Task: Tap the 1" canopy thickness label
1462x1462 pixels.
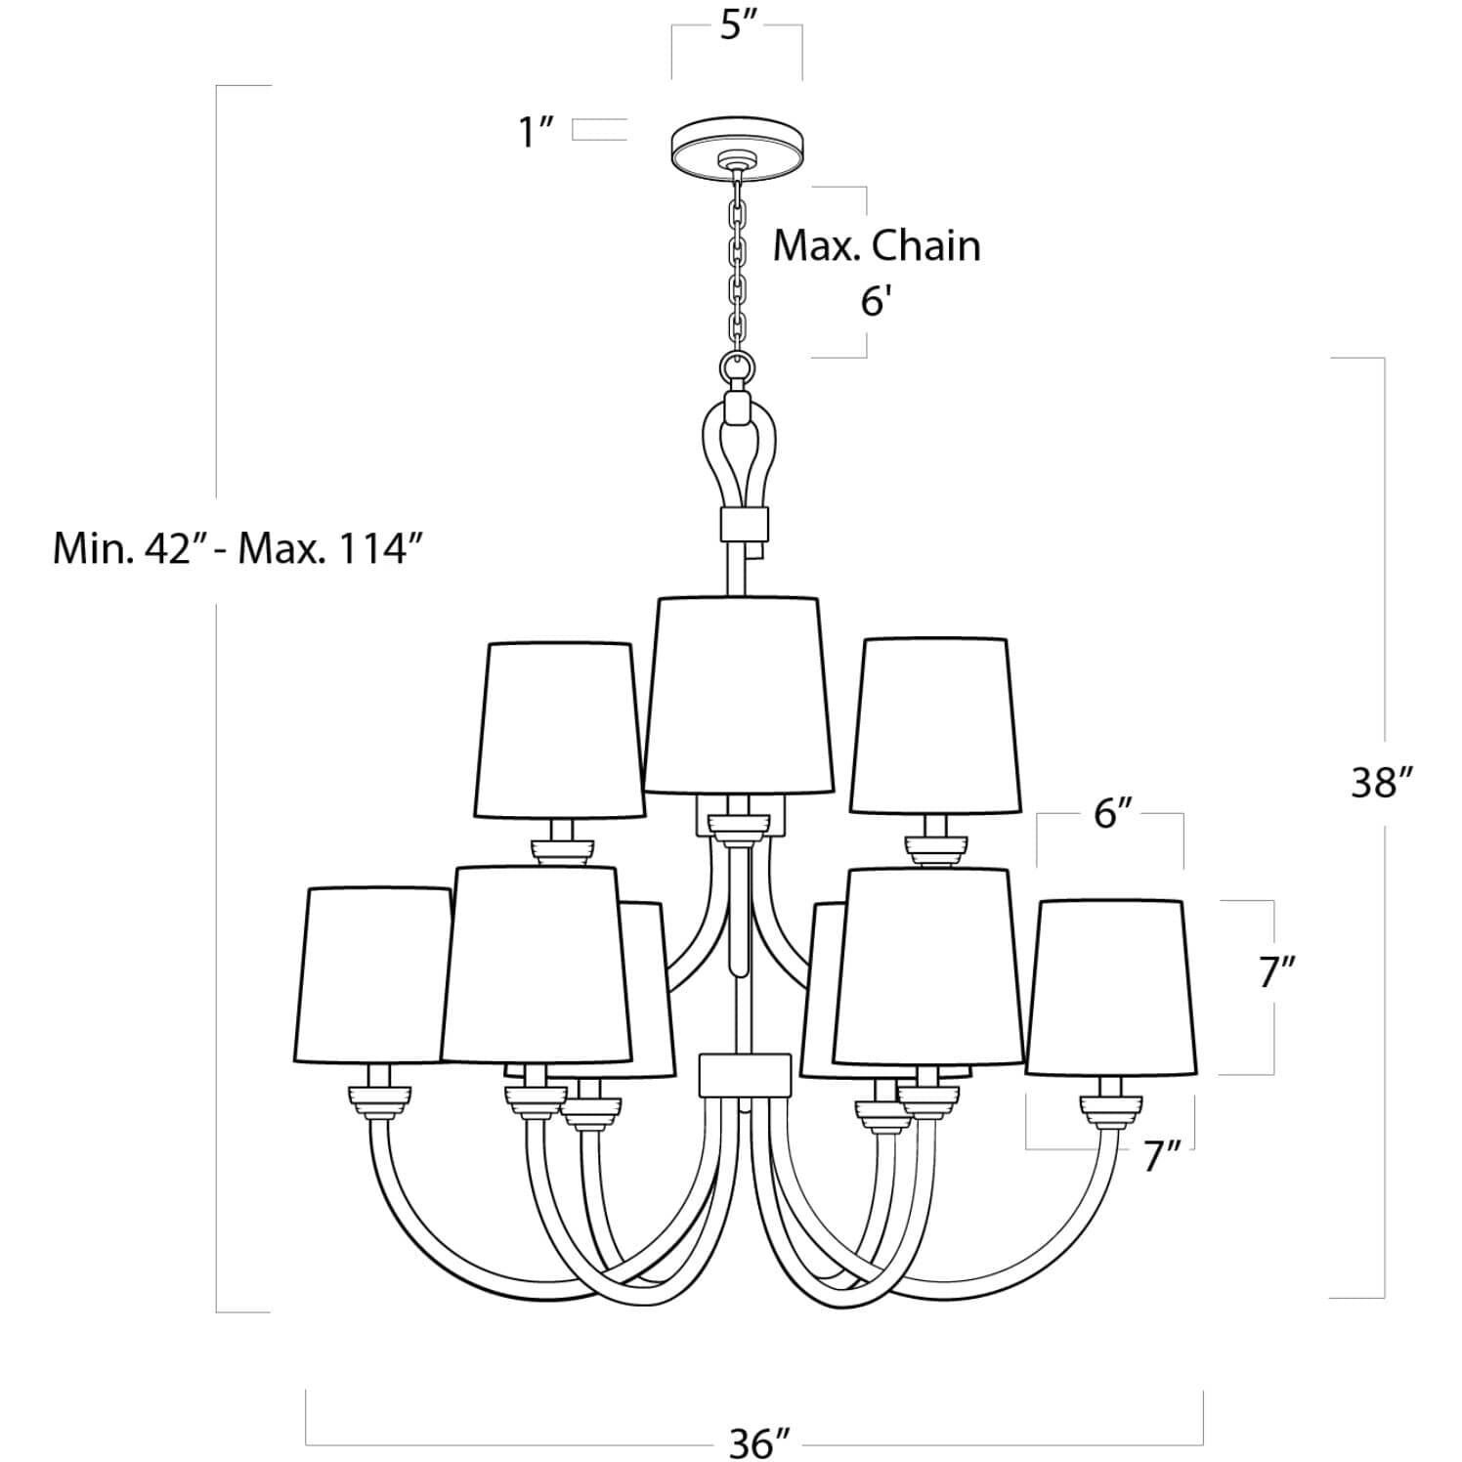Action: click(x=537, y=131)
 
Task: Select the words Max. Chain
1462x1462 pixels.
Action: click(x=877, y=245)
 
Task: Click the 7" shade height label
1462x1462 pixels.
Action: click(x=1275, y=972)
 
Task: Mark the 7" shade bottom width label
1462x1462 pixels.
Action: click(x=1163, y=1157)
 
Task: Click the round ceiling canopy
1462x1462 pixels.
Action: click(x=738, y=151)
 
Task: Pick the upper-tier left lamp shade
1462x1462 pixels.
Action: click(x=559, y=728)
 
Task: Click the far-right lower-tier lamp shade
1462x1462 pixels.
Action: click(x=1106, y=987)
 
